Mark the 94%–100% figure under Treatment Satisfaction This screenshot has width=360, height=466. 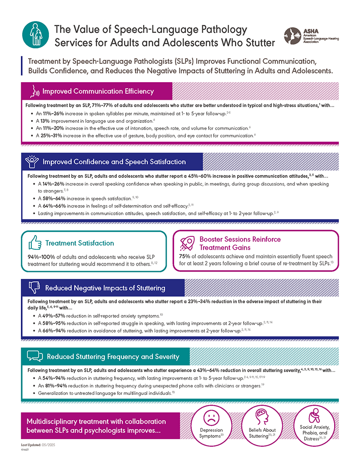pos(42,256)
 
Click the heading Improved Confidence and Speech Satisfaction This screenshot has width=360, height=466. pos(114,162)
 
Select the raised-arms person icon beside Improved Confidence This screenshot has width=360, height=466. pos(34,162)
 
